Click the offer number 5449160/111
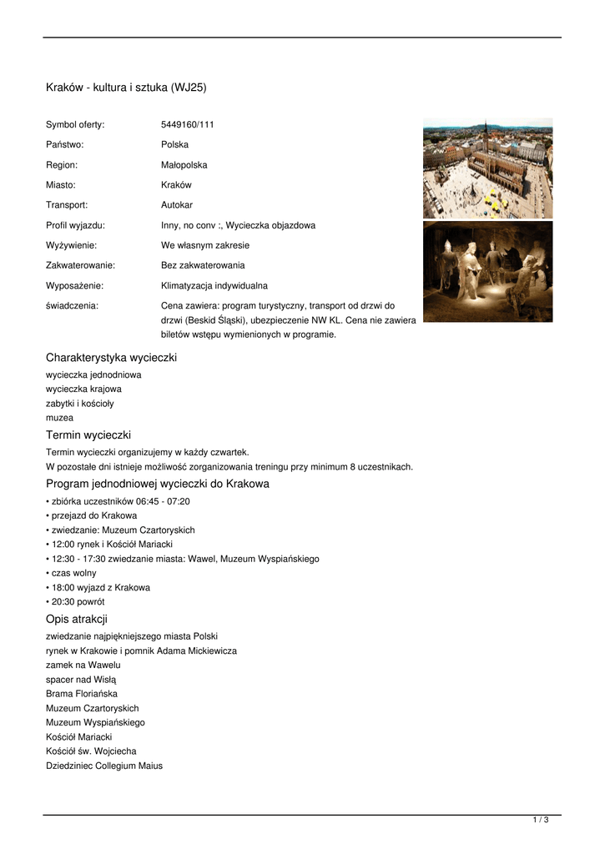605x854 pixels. pyautogui.click(x=187, y=125)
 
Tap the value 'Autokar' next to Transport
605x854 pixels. pyautogui.click(x=177, y=205)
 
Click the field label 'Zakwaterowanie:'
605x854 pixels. pyautogui.click(x=80, y=265)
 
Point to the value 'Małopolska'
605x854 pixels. pyautogui.click(x=184, y=165)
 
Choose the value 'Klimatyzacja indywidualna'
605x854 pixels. pyautogui.click(x=214, y=285)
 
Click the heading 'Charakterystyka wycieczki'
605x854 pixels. pyautogui.click(x=111, y=358)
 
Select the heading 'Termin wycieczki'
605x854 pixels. pyautogui.click(x=88, y=435)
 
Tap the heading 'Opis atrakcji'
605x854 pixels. pyautogui.click(x=77, y=619)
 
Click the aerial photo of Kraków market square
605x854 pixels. pyautogui.click(x=487, y=168)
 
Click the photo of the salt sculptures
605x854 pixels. pyautogui.click(x=487, y=271)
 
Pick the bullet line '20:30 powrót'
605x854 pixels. pyautogui.click(x=78, y=601)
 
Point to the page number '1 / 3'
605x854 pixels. pyautogui.click(x=541, y=821)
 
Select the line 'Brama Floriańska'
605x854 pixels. pyautogui.click(x=82, y=694)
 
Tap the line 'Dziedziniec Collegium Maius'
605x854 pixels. pyautogui.click(x=104, y=766)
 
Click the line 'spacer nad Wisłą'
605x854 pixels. pyautogui.click(x=82, y=680)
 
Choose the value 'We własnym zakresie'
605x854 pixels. pyautogui.click(x=204, y=245)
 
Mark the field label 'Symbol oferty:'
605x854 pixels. pyautogui.click(x=75, y=125)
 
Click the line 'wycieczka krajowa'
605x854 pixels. pyautogui.click(x=83, y=389)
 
